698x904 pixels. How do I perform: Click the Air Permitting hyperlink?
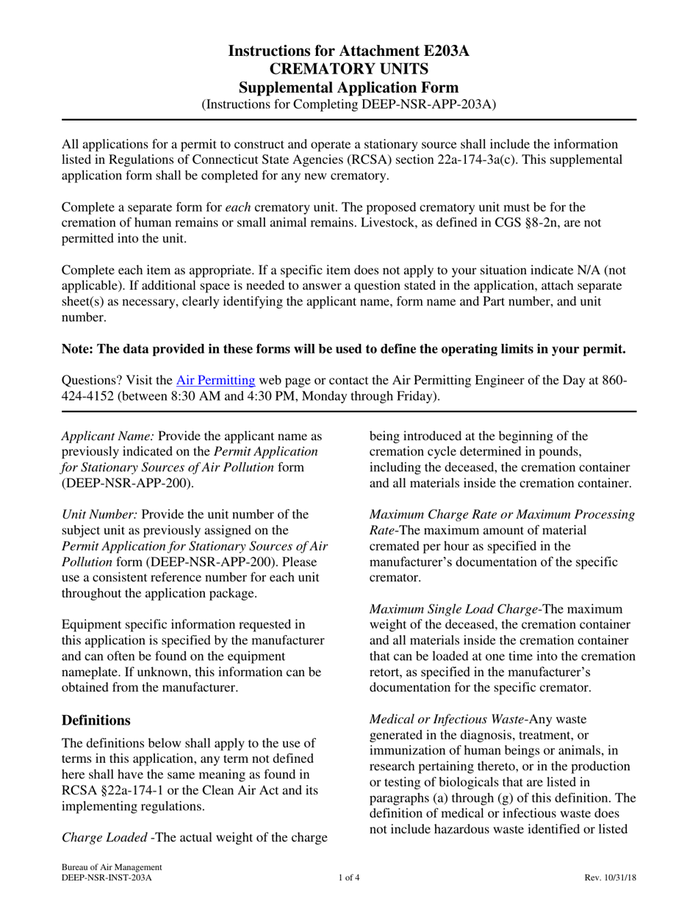[216, 380]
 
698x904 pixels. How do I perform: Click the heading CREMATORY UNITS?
[348, 70]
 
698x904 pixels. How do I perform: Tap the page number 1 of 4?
[349, 878]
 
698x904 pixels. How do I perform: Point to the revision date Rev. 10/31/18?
[610, 878]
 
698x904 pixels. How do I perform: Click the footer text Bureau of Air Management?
[111, 867]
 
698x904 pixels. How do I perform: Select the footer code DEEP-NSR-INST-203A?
[107, 878]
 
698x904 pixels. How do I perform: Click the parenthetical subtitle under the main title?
[348, 104]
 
